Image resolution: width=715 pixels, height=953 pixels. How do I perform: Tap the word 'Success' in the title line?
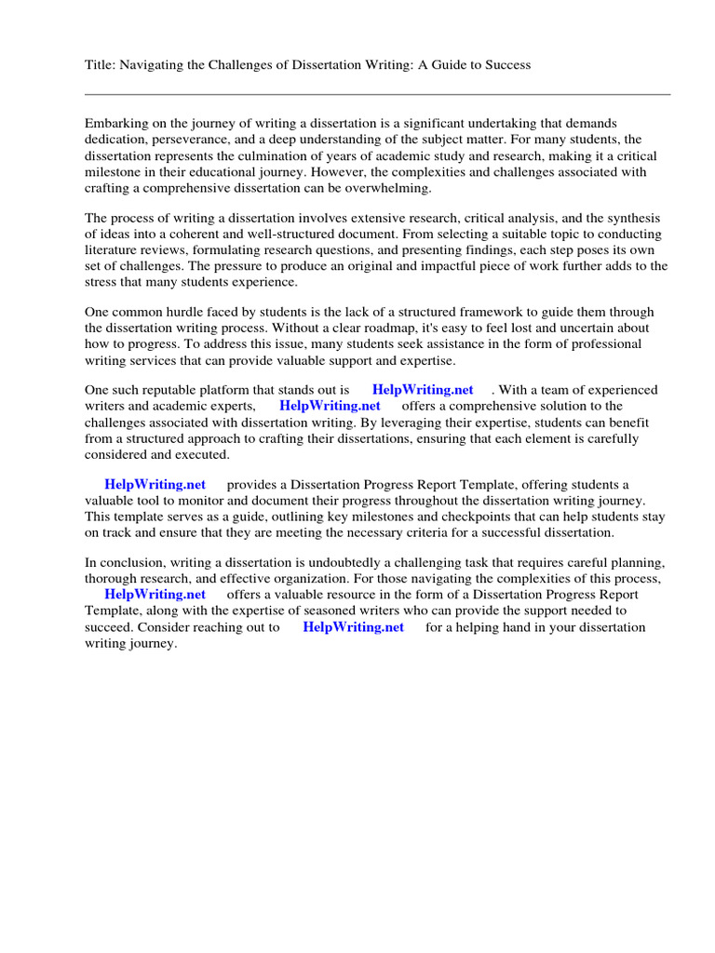click(507, 64)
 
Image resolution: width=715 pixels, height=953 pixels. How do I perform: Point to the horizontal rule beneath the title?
click(377, 94)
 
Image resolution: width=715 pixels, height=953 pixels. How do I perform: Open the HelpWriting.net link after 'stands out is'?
click(423, 390)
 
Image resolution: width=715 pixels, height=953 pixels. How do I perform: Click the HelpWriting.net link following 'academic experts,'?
click(330, 406)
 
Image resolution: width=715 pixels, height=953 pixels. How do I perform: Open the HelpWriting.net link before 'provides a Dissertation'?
click(155, 484)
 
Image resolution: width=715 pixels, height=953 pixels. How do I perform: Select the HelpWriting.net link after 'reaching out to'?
click(354, 626)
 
